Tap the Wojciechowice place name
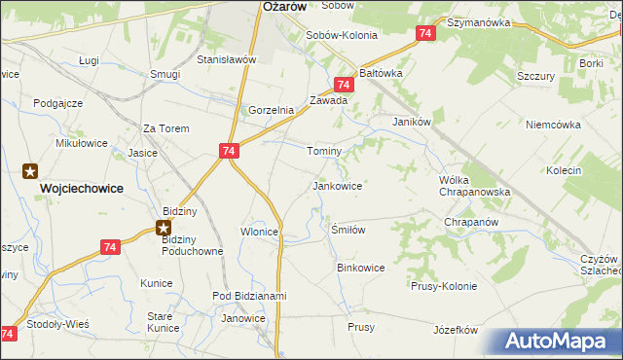(81, 189)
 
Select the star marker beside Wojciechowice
(30, 171)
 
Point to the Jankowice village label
(338, 185)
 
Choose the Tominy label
(324, 152)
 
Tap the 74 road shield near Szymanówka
(424, 34)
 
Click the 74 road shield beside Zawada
(343, 86)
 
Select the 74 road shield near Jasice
(229, 152)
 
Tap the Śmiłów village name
(348, 231)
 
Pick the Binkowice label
(360, 267)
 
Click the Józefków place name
(456, 330)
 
